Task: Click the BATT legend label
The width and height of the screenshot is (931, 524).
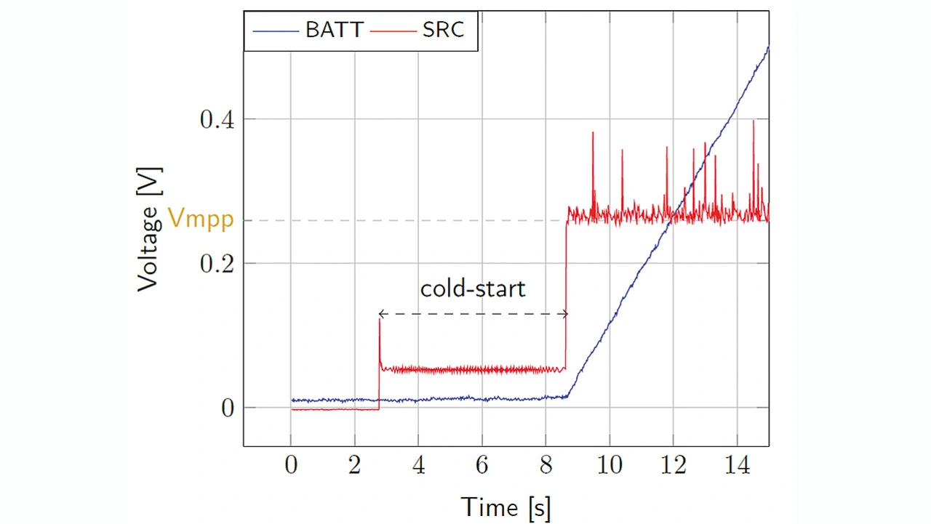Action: point(334,31)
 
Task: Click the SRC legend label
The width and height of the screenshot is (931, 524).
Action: point(443,31)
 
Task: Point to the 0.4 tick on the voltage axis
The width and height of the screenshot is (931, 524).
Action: point(217,119)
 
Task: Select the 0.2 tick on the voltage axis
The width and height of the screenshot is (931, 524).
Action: point(217,263)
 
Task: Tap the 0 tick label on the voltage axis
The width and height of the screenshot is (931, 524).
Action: point(228,408)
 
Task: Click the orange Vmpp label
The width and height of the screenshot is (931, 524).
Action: point(201,219)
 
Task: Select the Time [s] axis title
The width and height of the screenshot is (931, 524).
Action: point(506,506)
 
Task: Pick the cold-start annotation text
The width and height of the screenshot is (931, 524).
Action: point(473,289)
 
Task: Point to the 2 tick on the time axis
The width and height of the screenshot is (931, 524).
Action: point(355,465)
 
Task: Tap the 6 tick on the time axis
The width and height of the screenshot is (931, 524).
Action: point(482,465)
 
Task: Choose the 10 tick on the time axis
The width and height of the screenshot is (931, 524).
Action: point(610,465)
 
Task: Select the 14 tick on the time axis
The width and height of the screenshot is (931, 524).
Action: point(737,465)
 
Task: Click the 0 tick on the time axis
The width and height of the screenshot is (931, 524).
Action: point(291,465)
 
